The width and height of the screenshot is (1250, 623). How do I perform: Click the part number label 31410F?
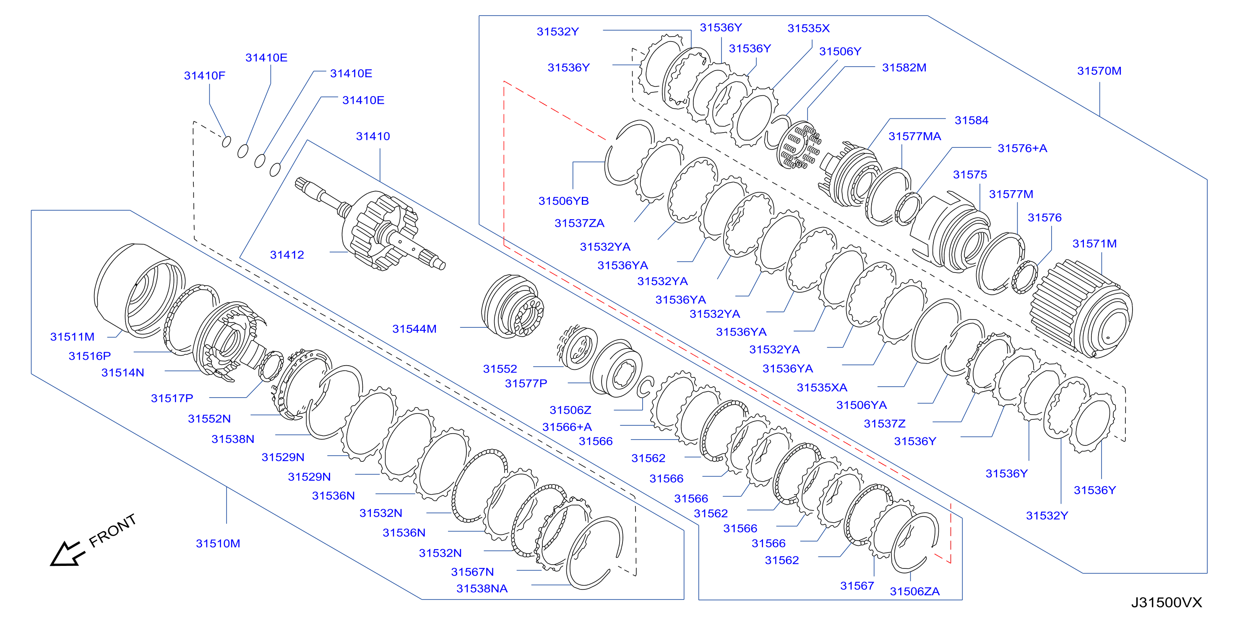pos(204,76)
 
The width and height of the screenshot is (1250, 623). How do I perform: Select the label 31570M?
pos(1099,71)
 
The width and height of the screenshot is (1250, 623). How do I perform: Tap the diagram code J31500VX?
pos(1167,602)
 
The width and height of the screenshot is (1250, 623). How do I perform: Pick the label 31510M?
pos(218,544)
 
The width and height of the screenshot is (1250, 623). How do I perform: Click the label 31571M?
pos(1094,244)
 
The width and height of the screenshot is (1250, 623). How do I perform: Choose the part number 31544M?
pos(414,329)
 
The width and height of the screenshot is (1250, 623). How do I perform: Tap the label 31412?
pos(287,255)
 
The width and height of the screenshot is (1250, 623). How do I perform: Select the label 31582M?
pos(904,68)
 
